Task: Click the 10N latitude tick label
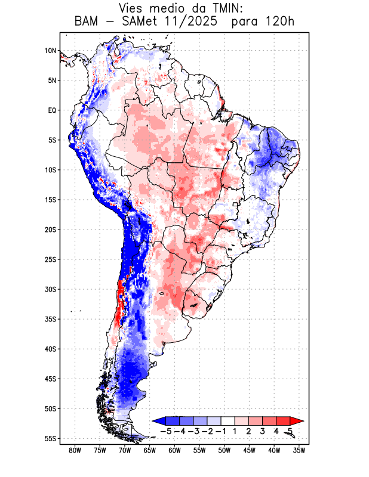(x=50, y=51)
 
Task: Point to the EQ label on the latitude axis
(x=52, y=110)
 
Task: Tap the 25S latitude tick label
(x=50, y=259)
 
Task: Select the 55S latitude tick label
(x=50, y=438)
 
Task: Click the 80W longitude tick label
(x=75, y=450)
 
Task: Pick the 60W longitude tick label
(x=175, y=450)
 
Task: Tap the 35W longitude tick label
(x=300, y=450)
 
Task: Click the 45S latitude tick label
(x=50, y=379)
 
